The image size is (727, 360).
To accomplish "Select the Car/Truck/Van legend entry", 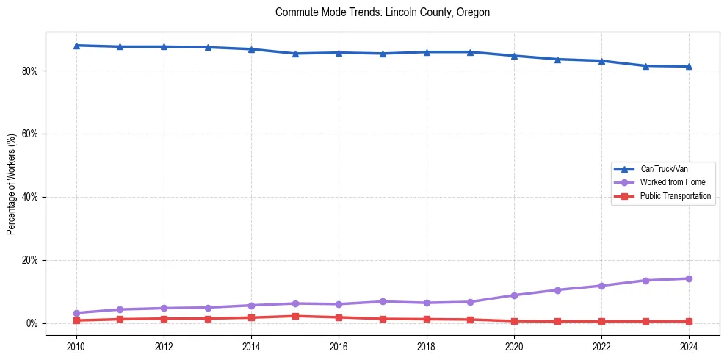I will click(x=664, y=169).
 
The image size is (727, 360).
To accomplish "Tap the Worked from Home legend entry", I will click(x=671, y=182).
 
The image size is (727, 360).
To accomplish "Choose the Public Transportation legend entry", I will click(x=676, y=196).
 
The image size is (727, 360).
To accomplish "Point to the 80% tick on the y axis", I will click(x=30, y=71).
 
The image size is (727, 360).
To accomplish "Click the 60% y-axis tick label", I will click(x=30, y=134).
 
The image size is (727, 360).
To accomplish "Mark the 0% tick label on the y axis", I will click(x=32, y=323).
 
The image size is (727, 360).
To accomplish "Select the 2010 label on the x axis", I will click(x=76, y=346).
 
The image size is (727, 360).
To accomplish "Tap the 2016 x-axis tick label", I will click(x=339, y=346).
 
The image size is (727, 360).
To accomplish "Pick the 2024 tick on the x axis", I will click(x=689, y=346).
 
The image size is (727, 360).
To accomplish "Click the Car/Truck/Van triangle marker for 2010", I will click(x=76, y=46).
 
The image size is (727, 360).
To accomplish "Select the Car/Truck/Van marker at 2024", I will click(x=689, y=67).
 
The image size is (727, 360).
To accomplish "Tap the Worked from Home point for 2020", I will click(x=514, y=295).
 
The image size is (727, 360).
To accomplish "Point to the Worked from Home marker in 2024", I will click(x=689, y=278).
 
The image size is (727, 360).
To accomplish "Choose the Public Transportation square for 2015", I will click(x=295, y=316).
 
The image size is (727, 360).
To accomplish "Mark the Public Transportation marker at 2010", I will click(x=76, y=320).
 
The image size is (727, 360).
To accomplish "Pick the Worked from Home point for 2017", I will click(x=383, y=301).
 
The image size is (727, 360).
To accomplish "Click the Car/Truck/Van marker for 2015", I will click(x=295, y=54).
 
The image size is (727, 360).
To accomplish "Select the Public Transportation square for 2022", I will click(x=601, y=321).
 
